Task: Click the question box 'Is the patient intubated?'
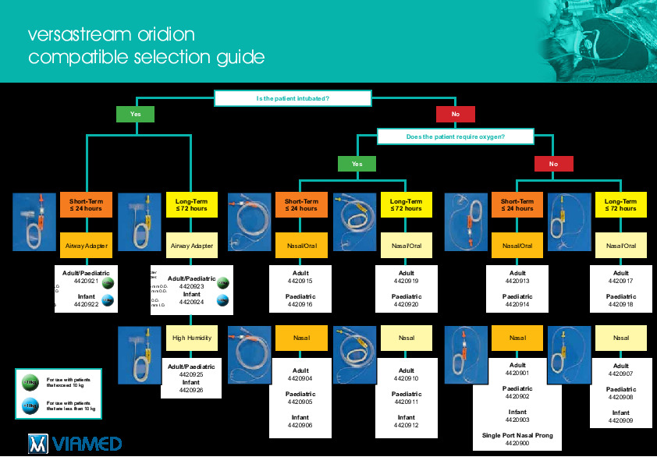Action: click(293, 98)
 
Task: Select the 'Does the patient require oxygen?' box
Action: click(455, 136)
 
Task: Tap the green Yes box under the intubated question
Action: click(135, 115)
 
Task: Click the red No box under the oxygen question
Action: click(553, 164)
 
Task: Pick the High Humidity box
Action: click(191, 338)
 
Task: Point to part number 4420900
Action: click(517, 443)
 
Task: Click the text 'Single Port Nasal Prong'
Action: click(517, 435)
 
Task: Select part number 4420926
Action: click(191, 390)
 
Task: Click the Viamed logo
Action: click(75, 444)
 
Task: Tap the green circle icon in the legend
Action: click(30, 381)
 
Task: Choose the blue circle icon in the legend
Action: click(30, 406)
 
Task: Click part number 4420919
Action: click(406, 281)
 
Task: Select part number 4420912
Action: click(406, 425)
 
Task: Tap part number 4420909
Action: click(620, 420)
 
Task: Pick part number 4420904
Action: click(300, 378)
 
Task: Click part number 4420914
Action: click(517, 304)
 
